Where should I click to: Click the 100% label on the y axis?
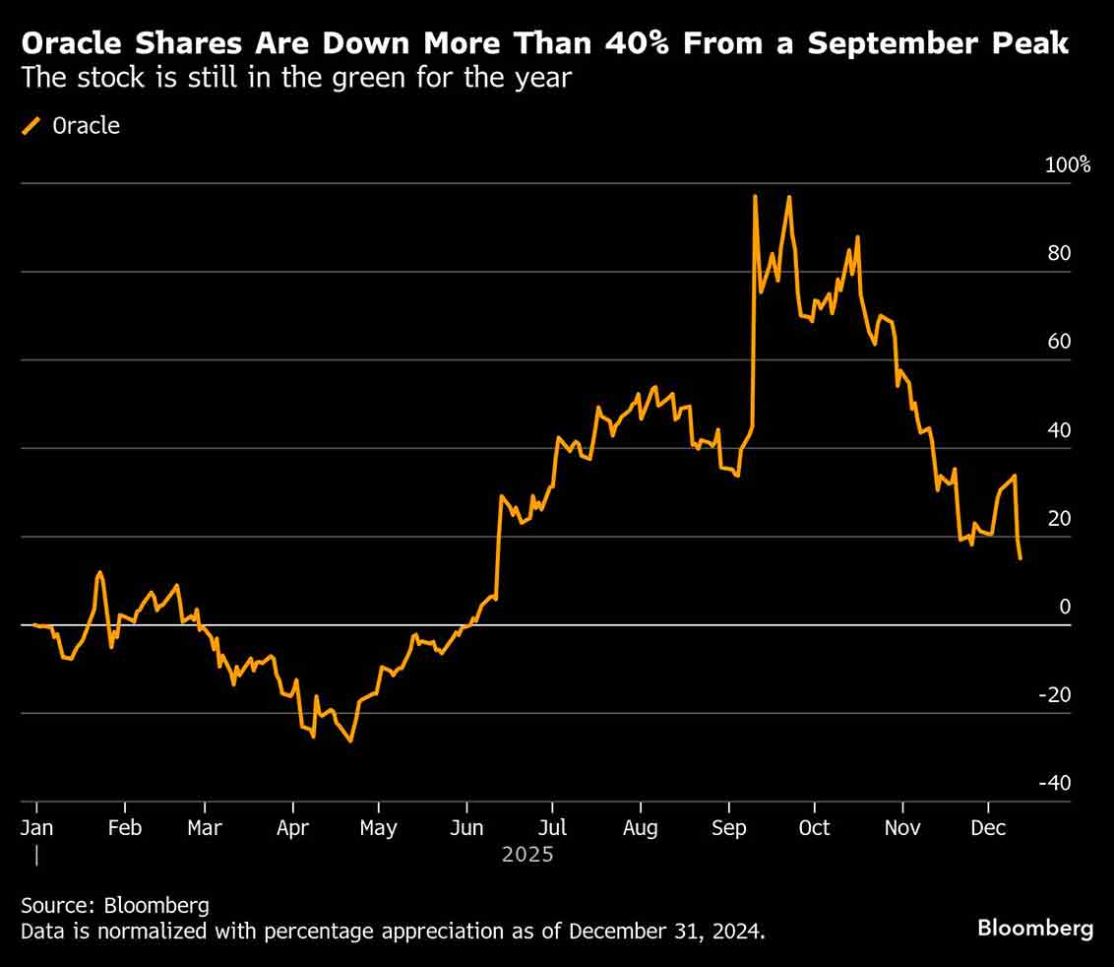(x=1068, y=164)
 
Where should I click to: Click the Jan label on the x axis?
(x=37, y=828)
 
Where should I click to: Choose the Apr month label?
(x=292, y=828)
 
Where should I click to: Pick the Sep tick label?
(x=729, y=828)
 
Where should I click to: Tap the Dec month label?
(x=988, y=828)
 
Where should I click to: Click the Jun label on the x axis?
(x=466, y=828)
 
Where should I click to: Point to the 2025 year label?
(x=527, y=854)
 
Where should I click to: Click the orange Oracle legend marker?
(x=31, y=125)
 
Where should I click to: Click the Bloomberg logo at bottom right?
(x=1034, y=928)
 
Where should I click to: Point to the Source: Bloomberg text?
(x=115, y=905)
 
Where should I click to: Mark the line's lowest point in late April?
(x=350, y=741)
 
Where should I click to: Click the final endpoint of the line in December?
(x=1021, y=558)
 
